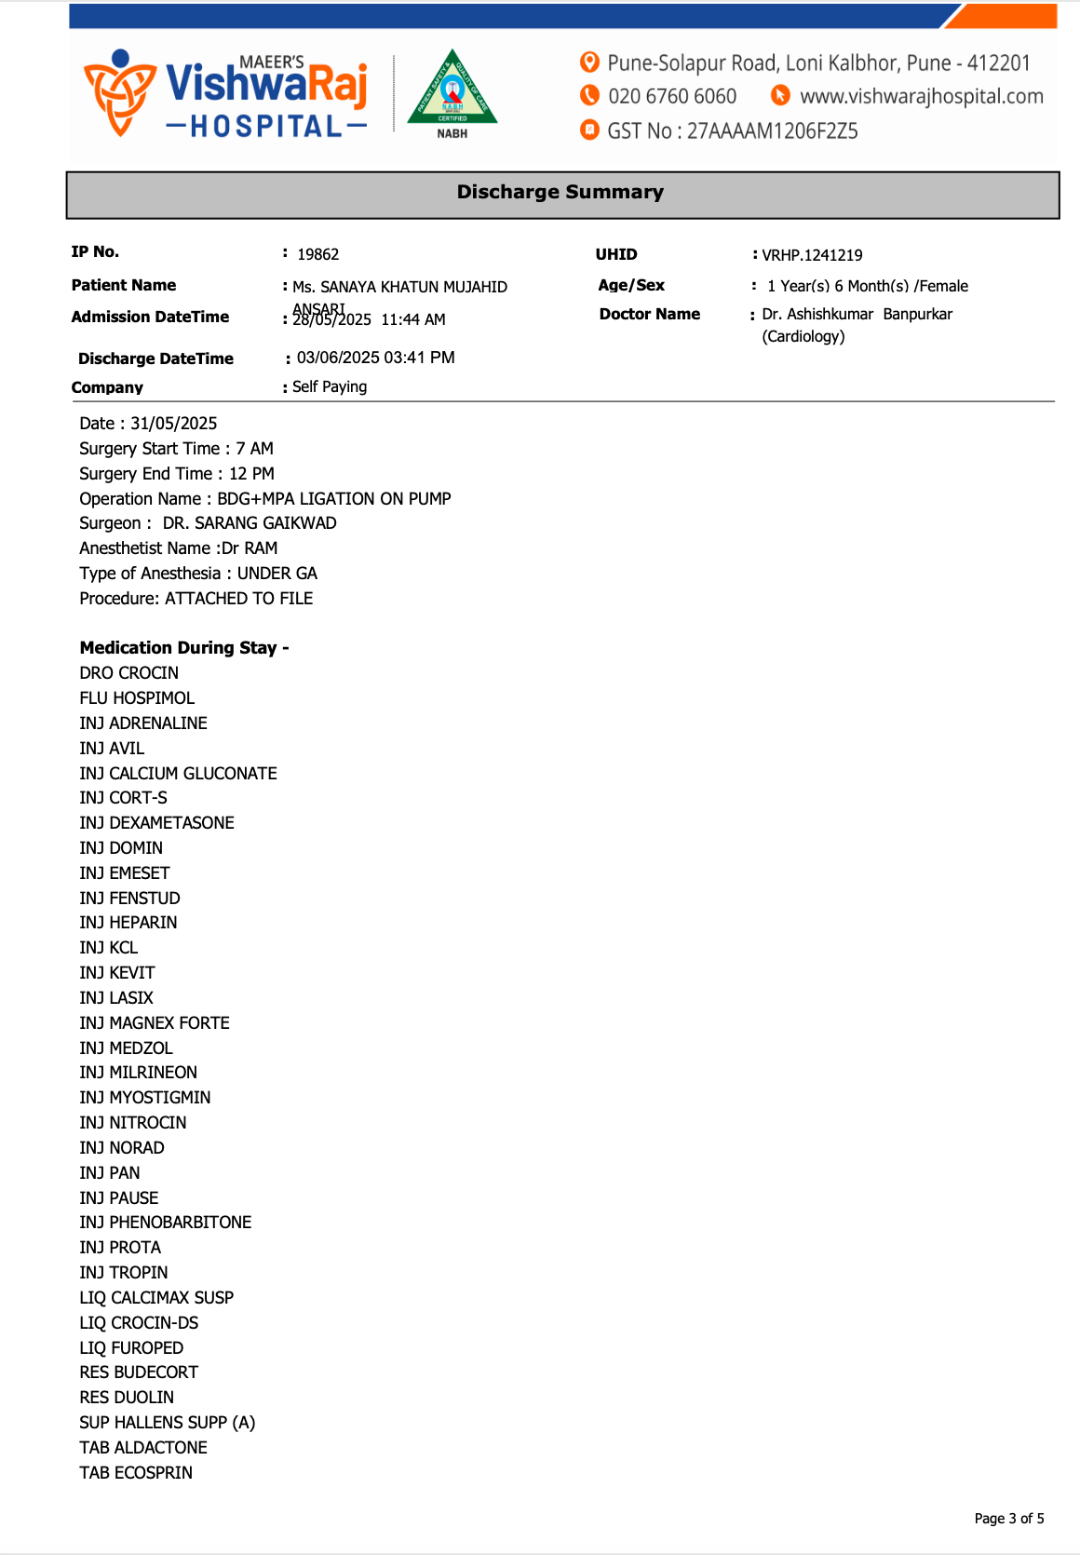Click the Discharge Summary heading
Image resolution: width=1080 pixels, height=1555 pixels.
[560, 192]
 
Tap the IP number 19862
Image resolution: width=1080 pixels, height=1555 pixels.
[317, 254]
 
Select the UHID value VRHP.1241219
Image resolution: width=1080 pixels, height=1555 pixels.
[812, 255]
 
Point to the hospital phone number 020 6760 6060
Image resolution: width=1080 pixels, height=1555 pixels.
[671, 97]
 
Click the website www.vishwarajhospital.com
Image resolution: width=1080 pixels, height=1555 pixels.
[921, 97]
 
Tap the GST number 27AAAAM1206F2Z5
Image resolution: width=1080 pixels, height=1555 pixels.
[772, 131]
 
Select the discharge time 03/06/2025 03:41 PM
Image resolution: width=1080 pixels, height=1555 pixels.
[375, 358]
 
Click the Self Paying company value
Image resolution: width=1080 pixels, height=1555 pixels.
[330, 386]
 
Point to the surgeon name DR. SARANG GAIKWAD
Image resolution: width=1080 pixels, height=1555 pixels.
[250, 523]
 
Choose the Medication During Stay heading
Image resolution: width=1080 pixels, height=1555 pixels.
[184, 648]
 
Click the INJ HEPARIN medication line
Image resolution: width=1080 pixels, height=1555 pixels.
[128, 923]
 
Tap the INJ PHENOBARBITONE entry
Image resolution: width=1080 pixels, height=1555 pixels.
[166, 1223]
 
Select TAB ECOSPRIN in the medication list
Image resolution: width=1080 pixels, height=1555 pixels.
[136, 1473]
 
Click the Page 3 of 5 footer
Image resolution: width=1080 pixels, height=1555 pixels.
[1008, 1519]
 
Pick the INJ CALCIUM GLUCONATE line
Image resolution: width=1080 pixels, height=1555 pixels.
[178, 774]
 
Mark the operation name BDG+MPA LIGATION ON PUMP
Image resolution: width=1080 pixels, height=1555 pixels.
[334, 499]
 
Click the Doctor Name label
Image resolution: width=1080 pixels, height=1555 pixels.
[649, 314]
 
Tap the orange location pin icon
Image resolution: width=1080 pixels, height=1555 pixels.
[589, 62]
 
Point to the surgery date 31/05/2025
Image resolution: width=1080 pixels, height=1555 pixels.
[173, 424]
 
